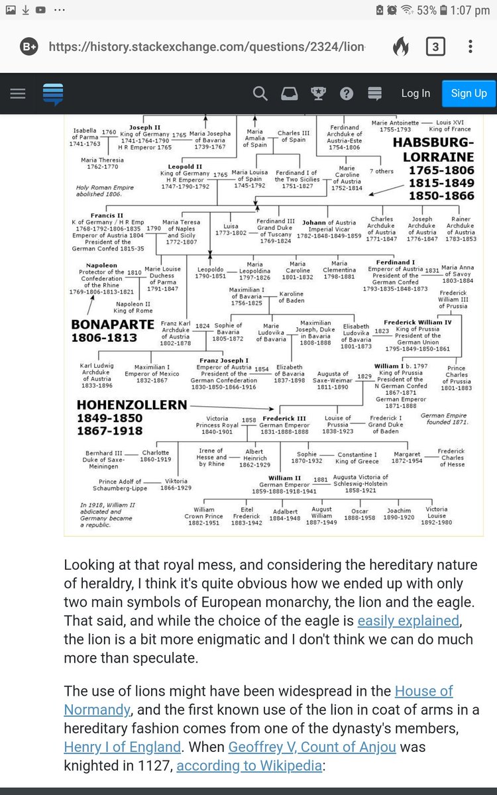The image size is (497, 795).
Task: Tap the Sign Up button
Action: [x=469, y=93]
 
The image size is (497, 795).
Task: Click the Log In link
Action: [x=415, y=93]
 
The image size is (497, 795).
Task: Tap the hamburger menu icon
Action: [x=18, y=93]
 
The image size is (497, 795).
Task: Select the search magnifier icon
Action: [x=260, y=93]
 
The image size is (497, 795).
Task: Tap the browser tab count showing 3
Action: [x=435, y=47]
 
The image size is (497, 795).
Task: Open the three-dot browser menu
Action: [x=470, y=47]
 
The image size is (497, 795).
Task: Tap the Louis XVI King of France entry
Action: [x=453, y=126]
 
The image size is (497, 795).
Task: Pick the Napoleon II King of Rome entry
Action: [x=133, y=307]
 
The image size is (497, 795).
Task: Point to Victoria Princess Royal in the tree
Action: [x=217, y=425]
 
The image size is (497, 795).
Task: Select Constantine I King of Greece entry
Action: [x=357, y=458]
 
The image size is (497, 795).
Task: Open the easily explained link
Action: [x=408, y=621]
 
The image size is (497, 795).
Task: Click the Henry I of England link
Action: [x=123, y=747]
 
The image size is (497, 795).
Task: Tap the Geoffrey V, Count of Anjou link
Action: [x=312, y=747]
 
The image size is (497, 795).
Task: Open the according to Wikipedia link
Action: [x=249, y=766]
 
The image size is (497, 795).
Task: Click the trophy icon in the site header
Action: [x=318, y=93]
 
